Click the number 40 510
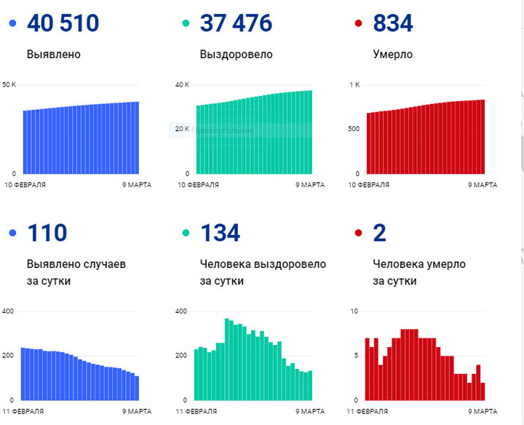click(63, 23)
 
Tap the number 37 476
click(236, 23)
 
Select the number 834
click(393, 23)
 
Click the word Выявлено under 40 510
click(53, 55)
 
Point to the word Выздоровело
click(236, 55)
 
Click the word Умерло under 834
click(392, 55)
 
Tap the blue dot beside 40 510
click(12, 24)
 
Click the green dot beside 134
click(186, 233)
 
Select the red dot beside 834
click(358, 24)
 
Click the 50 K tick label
click(9, 85)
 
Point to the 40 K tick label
click(182, 85)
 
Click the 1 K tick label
click(355, 85)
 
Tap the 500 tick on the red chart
click(353, 130)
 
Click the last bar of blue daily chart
click(136, 387)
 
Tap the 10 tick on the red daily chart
click(354, 311)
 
